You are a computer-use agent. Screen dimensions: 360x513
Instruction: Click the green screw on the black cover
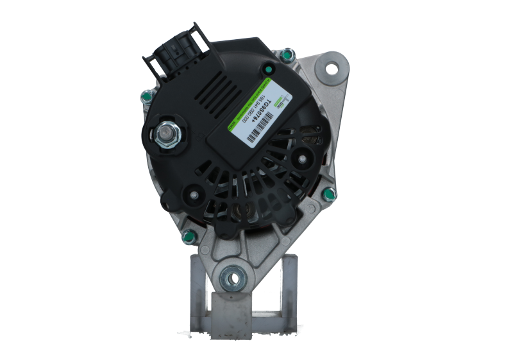pyautogui.click(x=264, y=67)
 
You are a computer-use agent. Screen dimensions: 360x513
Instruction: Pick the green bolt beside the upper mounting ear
pyautogui.click(x=287, y=55)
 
